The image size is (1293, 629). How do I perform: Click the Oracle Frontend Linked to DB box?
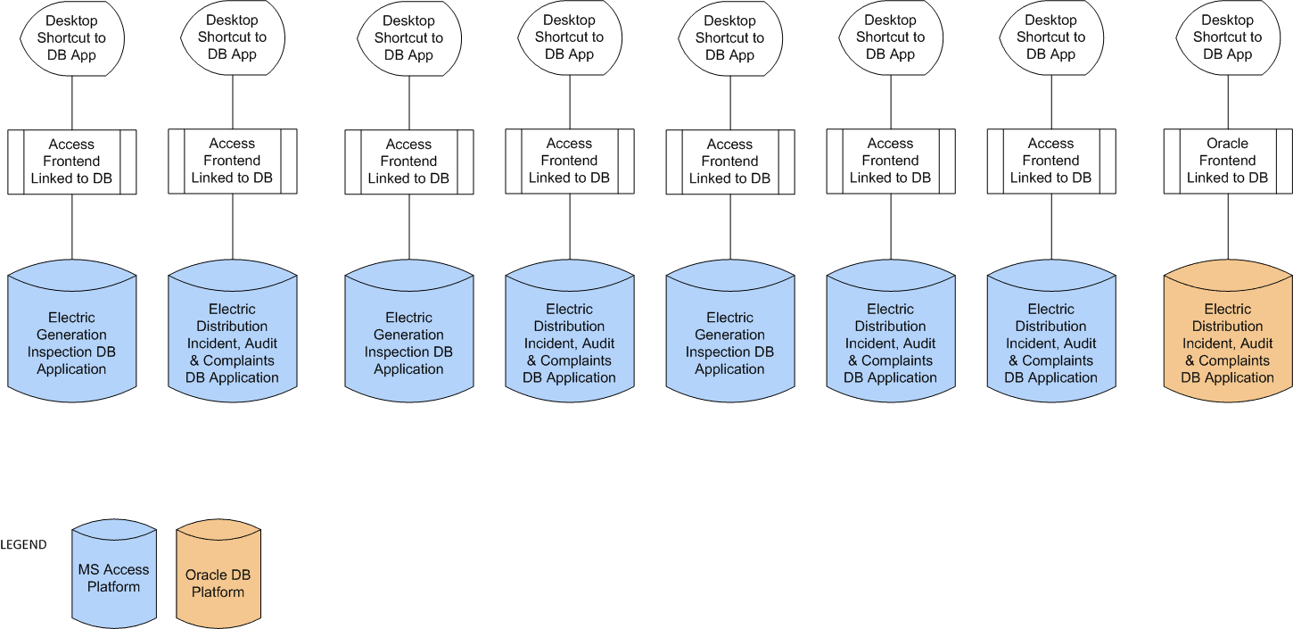(1227, 161)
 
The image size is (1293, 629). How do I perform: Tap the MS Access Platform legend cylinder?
(113, 577)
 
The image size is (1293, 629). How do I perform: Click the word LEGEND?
(23, 544)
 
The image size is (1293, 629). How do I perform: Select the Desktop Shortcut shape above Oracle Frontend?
(1227, 37)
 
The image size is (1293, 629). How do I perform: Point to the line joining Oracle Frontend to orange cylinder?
(1228, 227)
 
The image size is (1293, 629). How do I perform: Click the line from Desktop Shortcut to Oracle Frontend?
(1228, 102)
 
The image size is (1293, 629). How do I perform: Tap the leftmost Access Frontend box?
(71, 161)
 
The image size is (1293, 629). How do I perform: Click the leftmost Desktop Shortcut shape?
(71, 37)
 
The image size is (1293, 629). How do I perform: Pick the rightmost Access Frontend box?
(1050, 161)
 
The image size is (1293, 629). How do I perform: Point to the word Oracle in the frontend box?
(1227, 144)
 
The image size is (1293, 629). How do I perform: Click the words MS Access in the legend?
(113, 569)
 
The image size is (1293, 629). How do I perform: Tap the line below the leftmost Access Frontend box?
(72, 227)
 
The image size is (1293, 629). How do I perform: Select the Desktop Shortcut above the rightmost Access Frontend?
(1050, 37)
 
